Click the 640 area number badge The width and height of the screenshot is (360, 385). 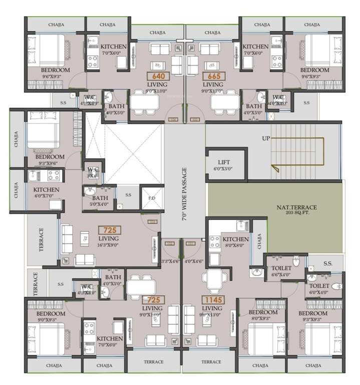154,77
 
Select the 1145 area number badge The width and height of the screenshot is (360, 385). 212,300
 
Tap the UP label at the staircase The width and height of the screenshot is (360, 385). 267,138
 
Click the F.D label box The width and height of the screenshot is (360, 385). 152,198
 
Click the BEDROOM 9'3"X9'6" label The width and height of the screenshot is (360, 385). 50,160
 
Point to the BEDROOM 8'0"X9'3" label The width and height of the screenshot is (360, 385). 262,315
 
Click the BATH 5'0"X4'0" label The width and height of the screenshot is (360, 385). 100,201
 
